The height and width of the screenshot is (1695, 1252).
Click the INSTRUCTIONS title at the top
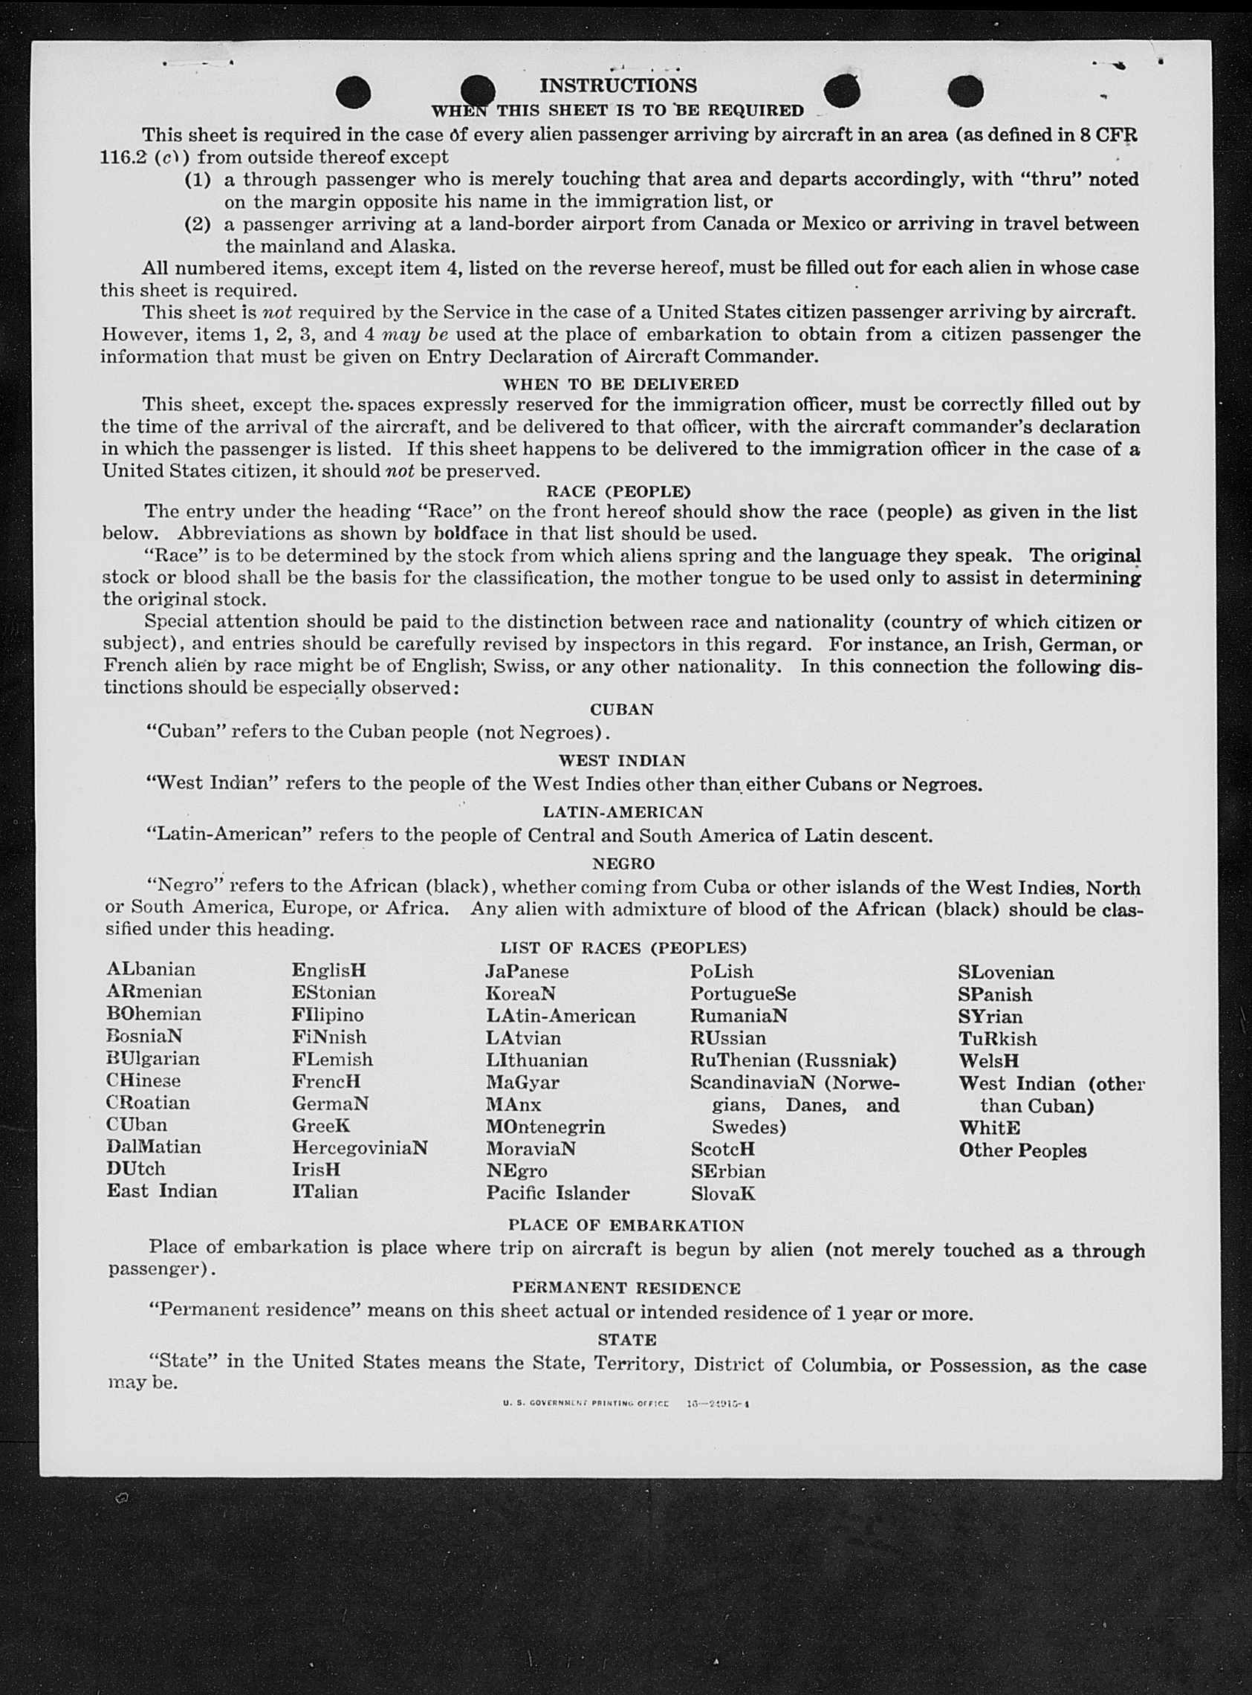(x=618, y=85)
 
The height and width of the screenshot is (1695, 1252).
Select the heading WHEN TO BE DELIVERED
(x=620, y=383)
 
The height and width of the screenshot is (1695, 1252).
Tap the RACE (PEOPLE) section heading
(x=618, y=491)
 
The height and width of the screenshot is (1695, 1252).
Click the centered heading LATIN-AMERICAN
(x=623, y=811)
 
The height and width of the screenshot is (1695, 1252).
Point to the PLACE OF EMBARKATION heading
(x=626, y=1225)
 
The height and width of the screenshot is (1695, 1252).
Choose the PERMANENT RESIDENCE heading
(x=626, y=1288)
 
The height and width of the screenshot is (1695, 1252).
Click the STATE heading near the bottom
(x=627, y=1340)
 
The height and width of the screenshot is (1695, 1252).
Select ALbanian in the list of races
(x=151, y=970)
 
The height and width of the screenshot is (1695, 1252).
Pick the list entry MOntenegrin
(x=545, y=1127)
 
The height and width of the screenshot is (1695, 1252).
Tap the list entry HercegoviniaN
(x=360, y=1148)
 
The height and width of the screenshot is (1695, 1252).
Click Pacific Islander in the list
(x=558, y=1193)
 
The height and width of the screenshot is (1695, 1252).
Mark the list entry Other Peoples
(x=1022, y=1150)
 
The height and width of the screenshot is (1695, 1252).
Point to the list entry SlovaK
(x=723, y=1193)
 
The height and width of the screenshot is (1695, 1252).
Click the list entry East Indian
(x=161, y=1191)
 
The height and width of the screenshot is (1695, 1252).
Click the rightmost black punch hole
(x=965, y=91)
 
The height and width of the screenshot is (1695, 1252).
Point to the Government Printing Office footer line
(x=626, y=1403)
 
